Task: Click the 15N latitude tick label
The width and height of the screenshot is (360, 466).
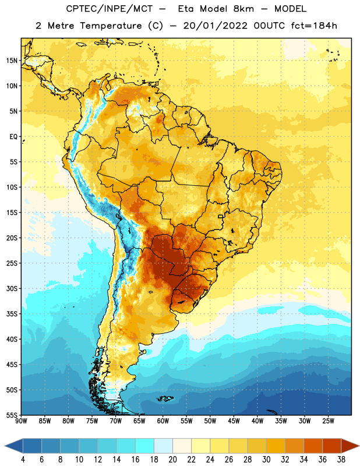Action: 12,61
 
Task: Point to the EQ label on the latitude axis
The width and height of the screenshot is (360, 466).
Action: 13,137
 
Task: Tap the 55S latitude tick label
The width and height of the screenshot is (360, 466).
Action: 12,415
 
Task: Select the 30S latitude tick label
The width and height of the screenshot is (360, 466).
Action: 12,288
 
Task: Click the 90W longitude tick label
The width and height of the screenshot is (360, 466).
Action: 21,421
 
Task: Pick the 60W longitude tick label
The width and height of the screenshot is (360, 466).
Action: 163,421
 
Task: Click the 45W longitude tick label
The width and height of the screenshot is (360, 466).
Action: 234,421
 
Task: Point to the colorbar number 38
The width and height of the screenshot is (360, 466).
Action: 341,460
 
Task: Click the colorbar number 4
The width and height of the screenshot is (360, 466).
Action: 23,460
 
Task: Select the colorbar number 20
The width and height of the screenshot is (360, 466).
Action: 172,460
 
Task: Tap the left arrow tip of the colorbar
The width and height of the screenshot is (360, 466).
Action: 5,446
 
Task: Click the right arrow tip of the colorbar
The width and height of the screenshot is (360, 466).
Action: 359,446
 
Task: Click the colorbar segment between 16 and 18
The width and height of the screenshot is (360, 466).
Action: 144,446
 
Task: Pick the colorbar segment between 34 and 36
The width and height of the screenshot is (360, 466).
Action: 313,446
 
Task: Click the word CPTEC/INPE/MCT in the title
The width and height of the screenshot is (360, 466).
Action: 109,9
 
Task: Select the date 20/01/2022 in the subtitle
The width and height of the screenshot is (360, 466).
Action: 215,26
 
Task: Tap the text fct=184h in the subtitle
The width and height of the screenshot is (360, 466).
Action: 314,26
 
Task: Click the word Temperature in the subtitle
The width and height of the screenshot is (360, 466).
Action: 111,26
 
